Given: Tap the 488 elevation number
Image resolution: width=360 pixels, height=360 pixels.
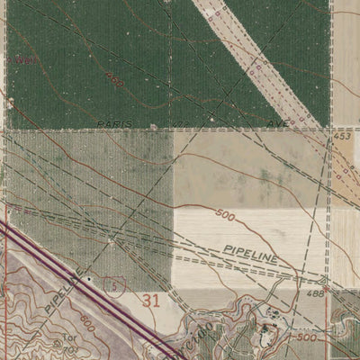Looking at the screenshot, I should (x=316, y=293).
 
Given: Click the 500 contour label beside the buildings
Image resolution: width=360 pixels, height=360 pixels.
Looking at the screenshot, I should (x=307, y=337).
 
